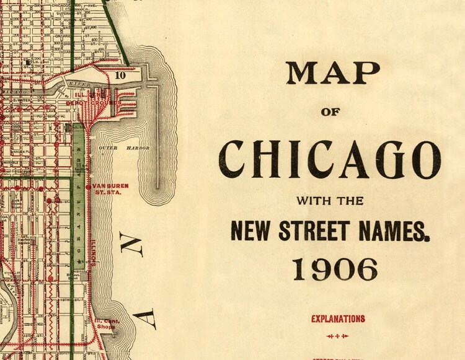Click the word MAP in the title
pyautogui.click(x=332, y=74)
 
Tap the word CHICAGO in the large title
pyautogui.click(x=331, y=159)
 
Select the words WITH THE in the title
pyautogui.click(x=330, y=201)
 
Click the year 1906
pyautogui.click(x=335, y=270)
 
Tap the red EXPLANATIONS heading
pyautogui.click(x=338, y=319)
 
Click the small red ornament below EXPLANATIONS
pyautogui.click(x=338, y=336)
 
